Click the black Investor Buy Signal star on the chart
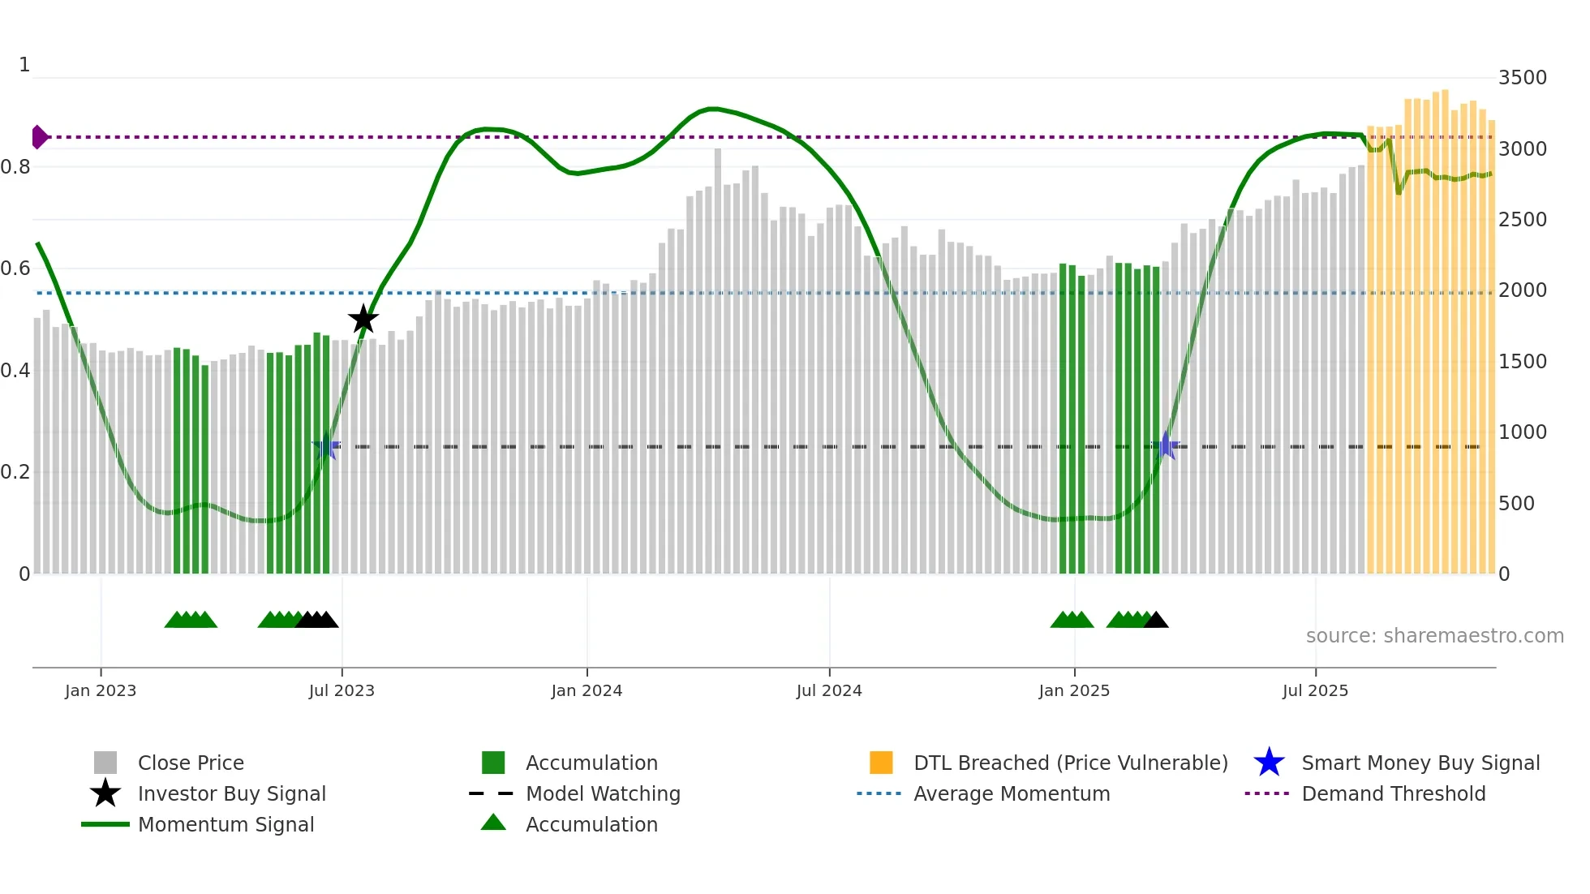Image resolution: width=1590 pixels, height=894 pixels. point(363,320)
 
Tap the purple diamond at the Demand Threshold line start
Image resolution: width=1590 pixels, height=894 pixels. point(39,137)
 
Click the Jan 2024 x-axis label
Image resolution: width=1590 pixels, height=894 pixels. point(587,691)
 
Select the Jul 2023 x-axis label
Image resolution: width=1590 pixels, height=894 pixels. point(342,691)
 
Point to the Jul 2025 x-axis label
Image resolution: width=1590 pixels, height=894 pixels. point(1315,691)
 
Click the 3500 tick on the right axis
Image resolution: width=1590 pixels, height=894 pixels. point(1522,78)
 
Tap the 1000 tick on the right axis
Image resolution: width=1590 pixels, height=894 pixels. point(1522,432)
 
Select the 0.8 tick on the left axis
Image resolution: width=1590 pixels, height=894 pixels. point(15,167)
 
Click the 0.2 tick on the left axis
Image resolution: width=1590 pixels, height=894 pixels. point(15,472)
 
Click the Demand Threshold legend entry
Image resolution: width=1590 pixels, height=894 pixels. point(1393,794)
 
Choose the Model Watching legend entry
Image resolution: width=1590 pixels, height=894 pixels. point(602,794)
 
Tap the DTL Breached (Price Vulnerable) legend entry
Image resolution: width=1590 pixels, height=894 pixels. point(1070,763)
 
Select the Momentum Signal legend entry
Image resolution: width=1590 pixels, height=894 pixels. point(226,825)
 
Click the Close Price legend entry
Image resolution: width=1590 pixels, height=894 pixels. point(191,763)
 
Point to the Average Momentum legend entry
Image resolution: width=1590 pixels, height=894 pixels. point(1012,794)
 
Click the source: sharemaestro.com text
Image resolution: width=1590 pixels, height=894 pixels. point(1434,636)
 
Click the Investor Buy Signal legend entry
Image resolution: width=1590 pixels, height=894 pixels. point(231,794)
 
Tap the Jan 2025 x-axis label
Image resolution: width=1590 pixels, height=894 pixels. point(1074,691)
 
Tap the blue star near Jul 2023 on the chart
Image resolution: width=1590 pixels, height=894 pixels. point(326,446)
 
